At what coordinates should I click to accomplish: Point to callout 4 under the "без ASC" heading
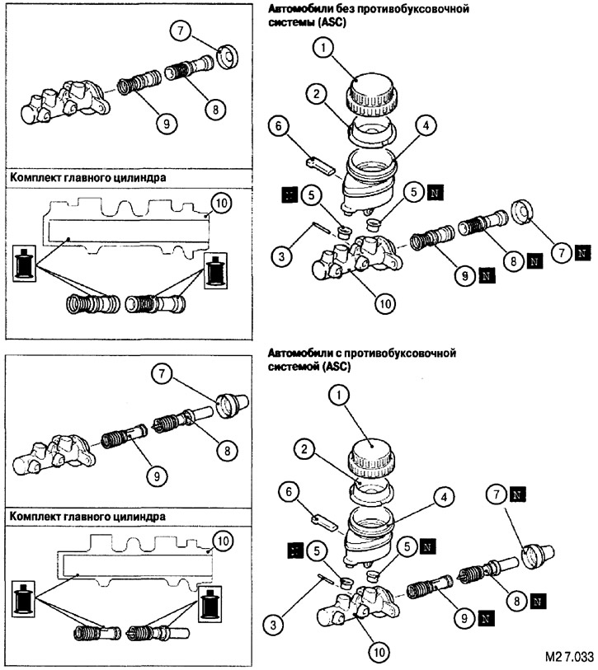click(426, 128)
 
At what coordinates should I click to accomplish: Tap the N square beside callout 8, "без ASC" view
click(533, 262)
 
